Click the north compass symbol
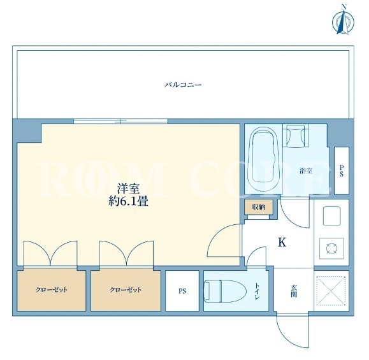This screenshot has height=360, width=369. (343, 22)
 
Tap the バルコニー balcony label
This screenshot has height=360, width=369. (183, 85)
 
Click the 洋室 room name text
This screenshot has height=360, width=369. (129, 188)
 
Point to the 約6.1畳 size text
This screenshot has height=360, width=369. (129, 201)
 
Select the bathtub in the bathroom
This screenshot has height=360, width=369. (264, 159)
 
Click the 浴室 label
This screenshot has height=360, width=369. (306, 171)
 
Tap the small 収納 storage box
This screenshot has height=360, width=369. (259, 207)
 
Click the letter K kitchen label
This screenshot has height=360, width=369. (282, 242)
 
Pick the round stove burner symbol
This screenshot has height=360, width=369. (331, 248)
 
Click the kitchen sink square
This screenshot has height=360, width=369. (332, 216)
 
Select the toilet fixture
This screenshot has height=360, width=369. (225, 291)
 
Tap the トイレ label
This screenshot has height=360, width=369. (257, 291)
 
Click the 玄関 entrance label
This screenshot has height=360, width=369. (294, 291)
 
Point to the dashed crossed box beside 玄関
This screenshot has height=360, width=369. (331, 291)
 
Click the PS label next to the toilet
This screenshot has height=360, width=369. (182, 291)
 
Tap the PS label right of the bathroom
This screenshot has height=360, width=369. (342, 171)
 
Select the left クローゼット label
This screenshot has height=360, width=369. (52, 290)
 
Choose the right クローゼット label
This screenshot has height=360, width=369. (126, 290)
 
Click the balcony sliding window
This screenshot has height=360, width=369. (120, 122)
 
